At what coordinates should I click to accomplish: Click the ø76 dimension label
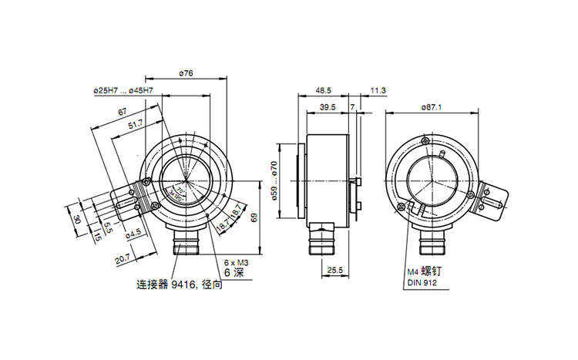[185, 73]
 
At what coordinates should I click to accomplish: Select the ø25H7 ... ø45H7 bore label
[123, 91]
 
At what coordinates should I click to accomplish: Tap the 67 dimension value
[122, 113]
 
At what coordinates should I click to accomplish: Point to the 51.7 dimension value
[135, 123]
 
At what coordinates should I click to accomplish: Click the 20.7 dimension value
[123, 259]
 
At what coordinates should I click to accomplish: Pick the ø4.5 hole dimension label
[133, 231]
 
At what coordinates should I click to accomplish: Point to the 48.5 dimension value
[323, 90]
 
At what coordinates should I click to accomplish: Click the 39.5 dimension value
[327, 107]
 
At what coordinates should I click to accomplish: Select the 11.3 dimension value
[378, 90]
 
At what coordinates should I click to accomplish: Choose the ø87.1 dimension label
[432, 107]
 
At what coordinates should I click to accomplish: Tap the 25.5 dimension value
[335, 271]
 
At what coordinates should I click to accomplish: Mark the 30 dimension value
[77, 219]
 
